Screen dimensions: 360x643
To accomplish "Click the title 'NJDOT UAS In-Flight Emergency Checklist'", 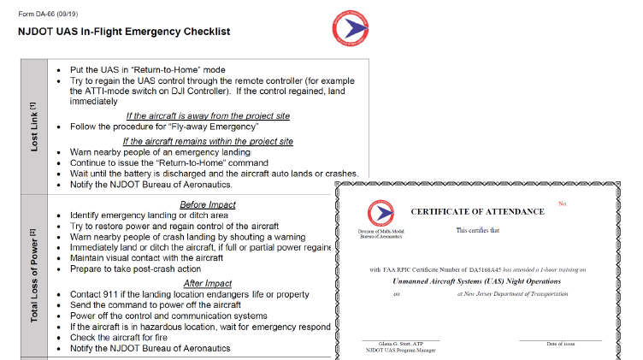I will [x=124, y=32].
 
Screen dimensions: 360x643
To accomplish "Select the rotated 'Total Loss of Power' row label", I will [x=33, y=276].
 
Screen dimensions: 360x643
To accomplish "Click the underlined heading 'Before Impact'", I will [x=208, y=204].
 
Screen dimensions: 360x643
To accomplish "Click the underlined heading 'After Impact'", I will [x=208, y=283].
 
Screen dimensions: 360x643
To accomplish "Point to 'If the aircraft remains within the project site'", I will [x=209, y=141].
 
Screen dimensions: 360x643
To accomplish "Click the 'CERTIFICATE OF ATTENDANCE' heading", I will [x=477, y=211].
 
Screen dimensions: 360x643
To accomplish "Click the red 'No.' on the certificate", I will [x=563, y=204].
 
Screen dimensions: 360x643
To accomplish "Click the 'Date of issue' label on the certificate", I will [x=562, y=344].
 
